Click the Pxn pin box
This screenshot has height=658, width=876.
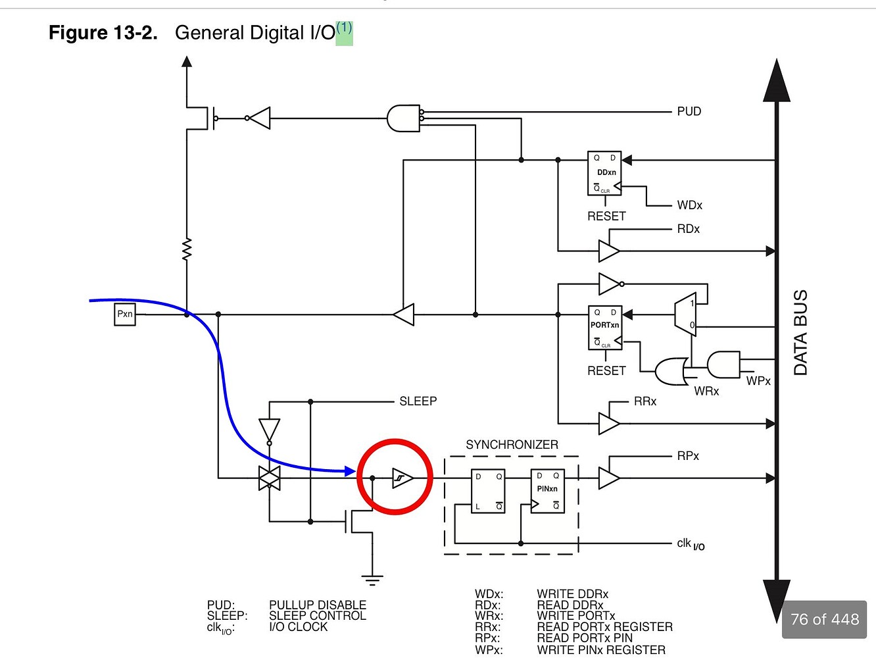point(125,315)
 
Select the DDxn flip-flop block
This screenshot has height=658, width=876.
point(604,173)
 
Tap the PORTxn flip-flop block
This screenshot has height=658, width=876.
point(604,327)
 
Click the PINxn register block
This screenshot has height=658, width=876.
point(547,491)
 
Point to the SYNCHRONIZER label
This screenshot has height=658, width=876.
point(512,445)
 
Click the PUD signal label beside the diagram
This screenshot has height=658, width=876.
point(689,112)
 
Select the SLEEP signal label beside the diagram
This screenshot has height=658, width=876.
point(418,401)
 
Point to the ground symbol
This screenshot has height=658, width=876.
point(372,580)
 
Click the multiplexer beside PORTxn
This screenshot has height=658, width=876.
point(685,315)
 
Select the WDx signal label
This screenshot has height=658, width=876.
point(689,205)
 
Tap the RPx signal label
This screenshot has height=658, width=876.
point(688,456)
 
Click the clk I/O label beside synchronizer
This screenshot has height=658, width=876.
point(690,544)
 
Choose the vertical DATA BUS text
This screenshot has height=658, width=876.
point(800,332)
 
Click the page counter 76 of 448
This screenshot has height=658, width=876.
point(824,620)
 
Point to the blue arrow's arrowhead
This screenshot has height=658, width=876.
point(350,470)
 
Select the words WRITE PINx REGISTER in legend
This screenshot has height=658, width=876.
point(601,650)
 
